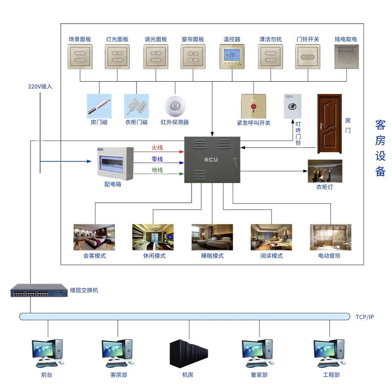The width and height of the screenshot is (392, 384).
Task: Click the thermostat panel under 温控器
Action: pyautogui.click(x=232, y=56)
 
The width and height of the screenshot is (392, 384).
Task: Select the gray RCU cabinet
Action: pyautogui.click(x=212, y=160)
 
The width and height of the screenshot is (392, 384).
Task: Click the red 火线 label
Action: pyautogui.click(x=157, y=148)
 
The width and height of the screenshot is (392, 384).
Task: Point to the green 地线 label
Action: pyautogui.click(x=157, y=171)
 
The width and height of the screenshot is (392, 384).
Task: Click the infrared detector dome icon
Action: pyautogui.click(x=175, y=106)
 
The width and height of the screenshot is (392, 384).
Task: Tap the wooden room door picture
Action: pyautogui.click(x=330, y=124)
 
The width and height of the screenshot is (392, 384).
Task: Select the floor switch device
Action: pyautogui.click(x=39, y=290)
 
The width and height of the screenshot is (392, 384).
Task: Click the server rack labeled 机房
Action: pyautogui.click(x=189, y=353)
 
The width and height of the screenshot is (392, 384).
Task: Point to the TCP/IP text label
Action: pyautogui.click(x=365, y=317)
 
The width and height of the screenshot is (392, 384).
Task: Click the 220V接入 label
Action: pyautogui.click(x=40, y=87)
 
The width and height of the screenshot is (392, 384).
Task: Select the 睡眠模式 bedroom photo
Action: pyautogui.click(x=212, y=237)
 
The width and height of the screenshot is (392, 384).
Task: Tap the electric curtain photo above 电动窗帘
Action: pyautogui.click(x=330, y=237)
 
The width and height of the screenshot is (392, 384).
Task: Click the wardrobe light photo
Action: pyautogui.click(x=325, y=171)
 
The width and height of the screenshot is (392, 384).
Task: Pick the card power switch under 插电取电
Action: pyautogui.click(x=346, y=56)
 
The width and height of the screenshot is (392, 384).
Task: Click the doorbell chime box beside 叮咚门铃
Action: pyautogui.click(x=293, y=106)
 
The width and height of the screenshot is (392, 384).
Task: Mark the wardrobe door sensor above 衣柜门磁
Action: pyautogui.click(x=137, y=106)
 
